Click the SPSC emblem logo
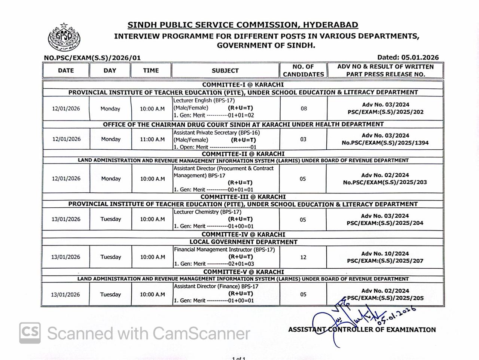[64, 37]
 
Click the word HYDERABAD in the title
[330, 25]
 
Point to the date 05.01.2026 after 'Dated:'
[420, 57]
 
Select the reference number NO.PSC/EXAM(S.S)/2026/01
[92, 58]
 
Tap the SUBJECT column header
[225, 70]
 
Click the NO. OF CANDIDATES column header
[303, 70]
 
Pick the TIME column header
[151, 70]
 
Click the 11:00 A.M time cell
[152, 139]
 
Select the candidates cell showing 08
[303, 109]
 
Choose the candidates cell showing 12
[303, 257]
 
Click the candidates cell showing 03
[303, 139]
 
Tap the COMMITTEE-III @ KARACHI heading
[243, 197]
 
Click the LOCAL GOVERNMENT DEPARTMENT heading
[243, 242]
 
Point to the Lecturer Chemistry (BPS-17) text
[207, 212]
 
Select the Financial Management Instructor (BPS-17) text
[224, 249]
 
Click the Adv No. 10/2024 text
[385, 253]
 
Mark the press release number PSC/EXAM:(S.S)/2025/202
[385, 112]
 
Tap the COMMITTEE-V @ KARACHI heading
[244, 272]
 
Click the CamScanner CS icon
[30, 333]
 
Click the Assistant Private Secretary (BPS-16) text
[216, 132]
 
